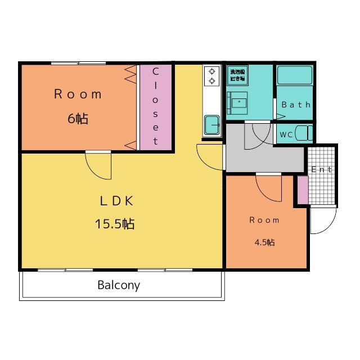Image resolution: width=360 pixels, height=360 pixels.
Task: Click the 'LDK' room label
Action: pos(116,201)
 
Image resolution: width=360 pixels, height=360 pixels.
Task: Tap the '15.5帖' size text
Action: pos(114,224)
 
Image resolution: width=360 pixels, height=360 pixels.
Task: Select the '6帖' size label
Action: pos(78,119)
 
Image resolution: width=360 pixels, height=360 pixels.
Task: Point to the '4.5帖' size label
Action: pos(264,242)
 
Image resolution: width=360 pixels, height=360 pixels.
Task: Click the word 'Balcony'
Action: pos(119,285)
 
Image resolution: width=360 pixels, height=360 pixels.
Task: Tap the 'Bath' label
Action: pos(296,105)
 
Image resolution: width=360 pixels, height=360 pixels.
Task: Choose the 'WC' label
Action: pos(286,135)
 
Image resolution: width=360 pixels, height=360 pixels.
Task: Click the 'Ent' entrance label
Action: pos(322,169)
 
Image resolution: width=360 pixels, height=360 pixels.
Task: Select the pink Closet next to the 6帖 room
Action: pos(156,107)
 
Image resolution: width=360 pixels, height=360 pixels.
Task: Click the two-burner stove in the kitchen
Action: pos(212,76)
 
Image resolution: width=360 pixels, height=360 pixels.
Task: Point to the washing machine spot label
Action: pos(236,75)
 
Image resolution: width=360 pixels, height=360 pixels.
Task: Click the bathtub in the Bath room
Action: pos(294,75)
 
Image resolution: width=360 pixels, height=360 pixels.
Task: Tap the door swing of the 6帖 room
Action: pos(99,164)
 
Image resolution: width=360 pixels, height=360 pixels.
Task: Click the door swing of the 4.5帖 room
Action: pos(269,187)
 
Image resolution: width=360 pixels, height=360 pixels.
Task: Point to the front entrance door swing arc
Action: pos(323,220)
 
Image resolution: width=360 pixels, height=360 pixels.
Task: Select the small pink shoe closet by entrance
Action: pos(303,190)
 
